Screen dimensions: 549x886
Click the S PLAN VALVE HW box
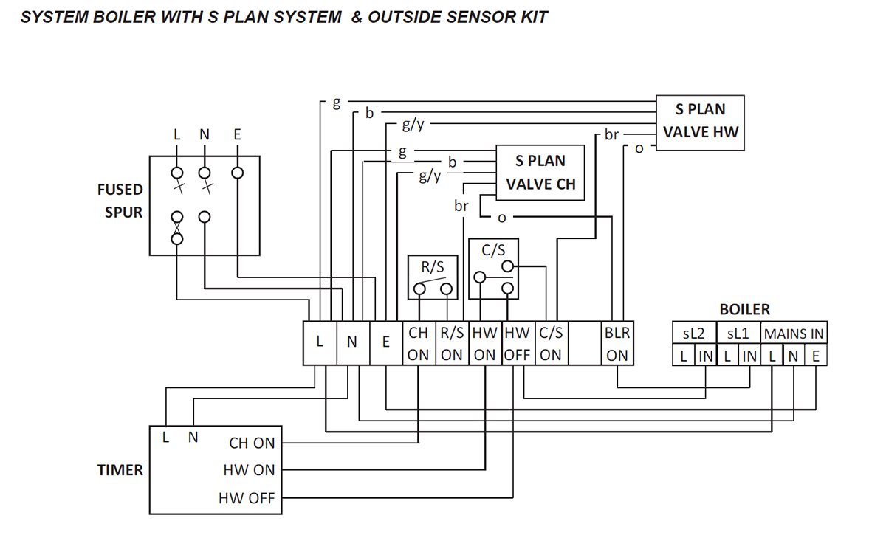[x=700, y=122]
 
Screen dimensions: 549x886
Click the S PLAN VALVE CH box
[x=540, y=173]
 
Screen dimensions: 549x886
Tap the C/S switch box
[x=493, y=268]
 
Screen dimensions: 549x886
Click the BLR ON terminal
[x=617, y=344]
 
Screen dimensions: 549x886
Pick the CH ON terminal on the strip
[x=419, y=344]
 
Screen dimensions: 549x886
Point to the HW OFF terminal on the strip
[x=518, y=344]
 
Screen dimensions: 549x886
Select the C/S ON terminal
[x=551, y=344]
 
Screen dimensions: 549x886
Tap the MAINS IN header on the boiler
[x=794, y=334]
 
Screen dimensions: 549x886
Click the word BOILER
[x=745, y=310]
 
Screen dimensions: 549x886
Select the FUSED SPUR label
[x=120, y=201]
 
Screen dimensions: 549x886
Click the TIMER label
[x=120, y=470]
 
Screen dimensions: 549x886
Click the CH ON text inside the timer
[x=252, y=443]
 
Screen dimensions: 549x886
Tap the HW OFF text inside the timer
[x=247, y=498]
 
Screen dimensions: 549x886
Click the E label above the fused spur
[x=236, y=134]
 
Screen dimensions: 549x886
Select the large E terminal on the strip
[x=385, y=342]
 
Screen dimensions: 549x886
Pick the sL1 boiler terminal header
[x=738, y=334]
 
